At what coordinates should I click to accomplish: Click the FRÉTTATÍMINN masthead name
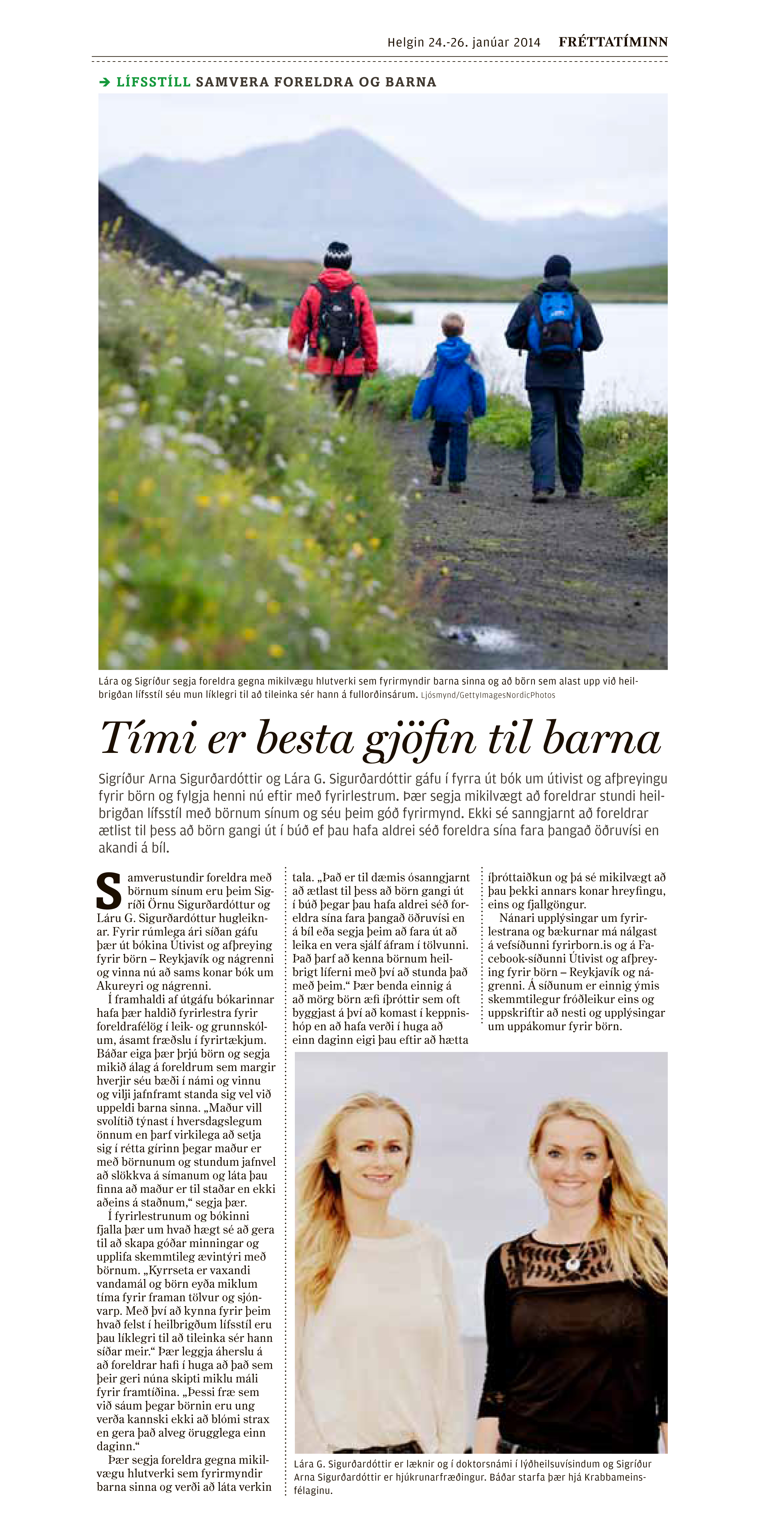click(613, 41)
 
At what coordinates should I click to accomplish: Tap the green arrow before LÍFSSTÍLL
click(105, 82)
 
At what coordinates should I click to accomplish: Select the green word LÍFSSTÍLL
click(153, 82)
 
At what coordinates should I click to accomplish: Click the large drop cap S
click(109, 891)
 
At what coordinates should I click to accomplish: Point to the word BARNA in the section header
click(411, 82)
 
